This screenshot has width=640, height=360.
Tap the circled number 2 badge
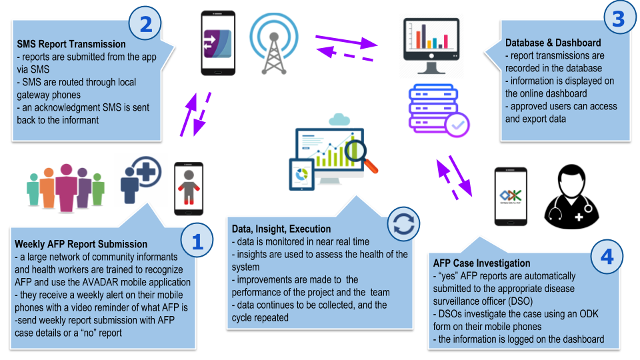[146, 26]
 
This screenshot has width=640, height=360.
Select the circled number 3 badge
[618, 19]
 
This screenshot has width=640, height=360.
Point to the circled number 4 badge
[607, 257]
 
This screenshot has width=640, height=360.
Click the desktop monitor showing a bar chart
[431, 47]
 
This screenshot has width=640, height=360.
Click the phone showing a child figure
[189, 189]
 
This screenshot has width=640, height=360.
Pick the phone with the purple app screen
[218, 43]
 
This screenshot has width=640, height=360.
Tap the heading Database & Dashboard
[553, 43]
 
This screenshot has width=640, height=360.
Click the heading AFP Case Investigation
[481, 263]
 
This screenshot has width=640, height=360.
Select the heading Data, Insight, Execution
[281, 229]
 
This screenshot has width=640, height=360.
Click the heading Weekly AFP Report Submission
[81, 245]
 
